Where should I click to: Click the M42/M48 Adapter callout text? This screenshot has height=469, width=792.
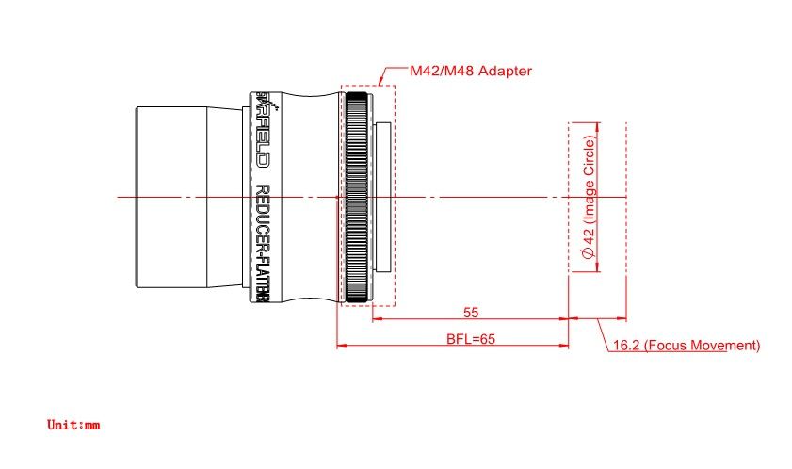tap(471, 71)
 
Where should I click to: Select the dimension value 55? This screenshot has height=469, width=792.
tap(471, 311)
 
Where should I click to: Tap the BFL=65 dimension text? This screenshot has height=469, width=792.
tap(471, 338)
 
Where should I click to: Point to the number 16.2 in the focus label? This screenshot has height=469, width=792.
tap(626, 346)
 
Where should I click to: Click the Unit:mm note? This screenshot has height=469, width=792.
tap(73, 425)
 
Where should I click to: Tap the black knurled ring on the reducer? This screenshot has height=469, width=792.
tap(357, 197)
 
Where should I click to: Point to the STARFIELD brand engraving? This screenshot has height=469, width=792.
tap(263, 127)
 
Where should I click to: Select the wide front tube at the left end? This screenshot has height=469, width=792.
tap(170, 197)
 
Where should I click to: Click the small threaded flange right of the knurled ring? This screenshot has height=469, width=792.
tap(383, 197)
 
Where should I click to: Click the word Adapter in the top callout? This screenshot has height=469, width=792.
tap(508, 71)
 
